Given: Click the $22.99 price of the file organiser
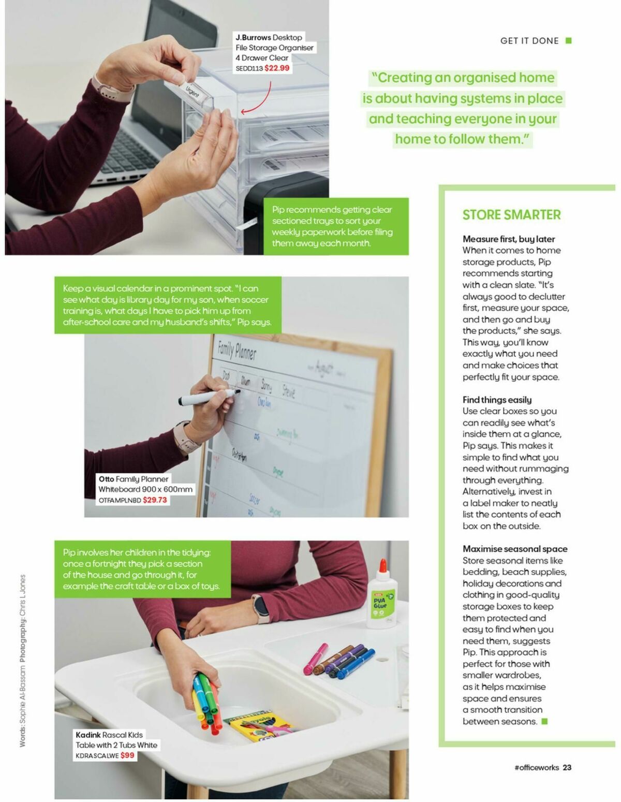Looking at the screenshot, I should (x=277, y=68).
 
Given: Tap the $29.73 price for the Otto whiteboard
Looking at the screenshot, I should (x=155, y=500).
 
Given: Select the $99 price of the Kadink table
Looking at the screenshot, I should (x=127, y=755).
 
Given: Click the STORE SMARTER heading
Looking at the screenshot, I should (x=511, y=215).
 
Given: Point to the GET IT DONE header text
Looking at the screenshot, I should (x=529, y=41).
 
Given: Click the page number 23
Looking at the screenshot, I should (x=567, y=767).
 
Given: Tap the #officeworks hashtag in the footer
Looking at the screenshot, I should (x=536, y=767).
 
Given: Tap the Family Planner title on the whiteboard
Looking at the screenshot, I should (x=236, y=351).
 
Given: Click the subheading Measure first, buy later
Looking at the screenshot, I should (x=508, y=239).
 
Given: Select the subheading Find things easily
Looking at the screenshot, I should (x=497, y=399).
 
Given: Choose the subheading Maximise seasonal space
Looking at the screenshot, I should (x=515, y=548).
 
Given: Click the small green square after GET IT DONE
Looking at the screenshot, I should (x=569, y=40).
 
